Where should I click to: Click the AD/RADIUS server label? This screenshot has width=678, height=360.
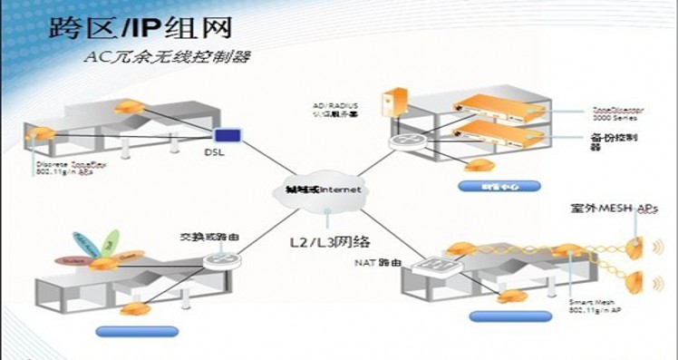(336, 109)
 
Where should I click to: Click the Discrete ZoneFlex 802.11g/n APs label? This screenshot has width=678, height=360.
(65, 169)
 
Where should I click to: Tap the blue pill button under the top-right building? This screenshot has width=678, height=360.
(499, 186)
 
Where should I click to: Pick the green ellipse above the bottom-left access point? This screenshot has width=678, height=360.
(109, 241)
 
